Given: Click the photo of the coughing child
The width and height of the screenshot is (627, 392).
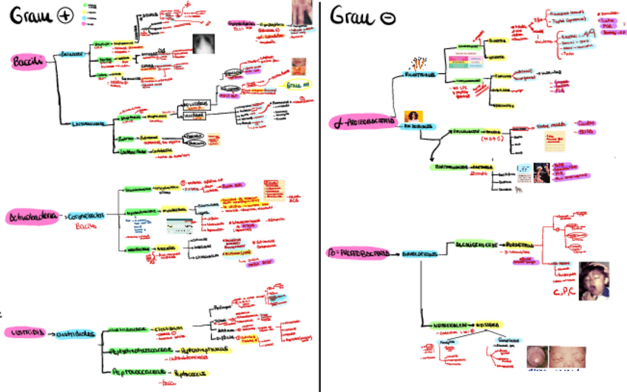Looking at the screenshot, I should tap(593, 280).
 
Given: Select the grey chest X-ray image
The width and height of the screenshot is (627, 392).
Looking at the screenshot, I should tap(206, 46).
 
